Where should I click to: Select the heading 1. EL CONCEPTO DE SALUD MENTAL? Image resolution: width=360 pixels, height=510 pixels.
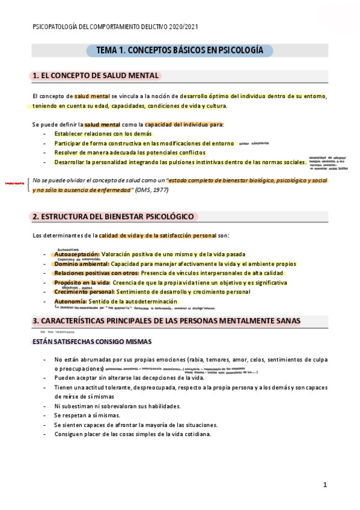[96, 76]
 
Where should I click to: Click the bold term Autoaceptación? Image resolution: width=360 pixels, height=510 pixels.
[76, 254]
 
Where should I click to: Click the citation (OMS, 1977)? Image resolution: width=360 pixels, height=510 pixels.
[153, 190]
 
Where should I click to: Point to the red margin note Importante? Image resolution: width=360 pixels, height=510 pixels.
[14, 183]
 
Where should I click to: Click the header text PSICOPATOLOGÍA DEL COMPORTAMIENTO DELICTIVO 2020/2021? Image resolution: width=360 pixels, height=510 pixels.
[115, 27]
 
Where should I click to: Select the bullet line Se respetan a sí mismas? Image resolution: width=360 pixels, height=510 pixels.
[87, 416]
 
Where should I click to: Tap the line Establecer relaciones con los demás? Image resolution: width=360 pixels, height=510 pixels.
[103, 134]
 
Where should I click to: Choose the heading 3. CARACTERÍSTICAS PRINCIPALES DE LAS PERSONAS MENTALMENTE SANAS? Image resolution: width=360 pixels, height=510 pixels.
[166, 321]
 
